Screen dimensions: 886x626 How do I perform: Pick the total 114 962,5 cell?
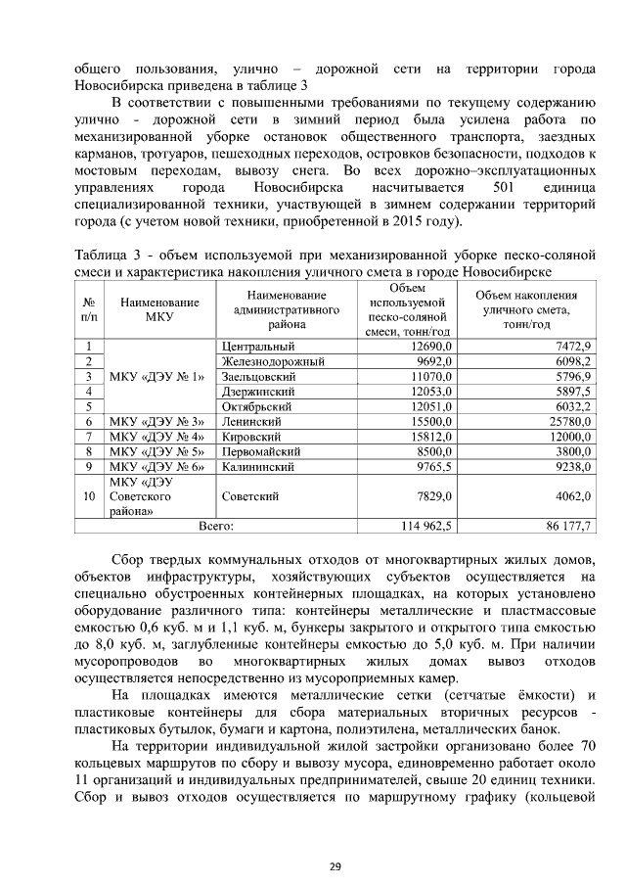(x=425, y=526)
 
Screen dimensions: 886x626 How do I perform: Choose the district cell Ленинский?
(x=250, y=421)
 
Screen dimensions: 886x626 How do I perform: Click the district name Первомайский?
(x=261, y=451)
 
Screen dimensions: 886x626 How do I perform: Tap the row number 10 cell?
(x=89, y=496)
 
